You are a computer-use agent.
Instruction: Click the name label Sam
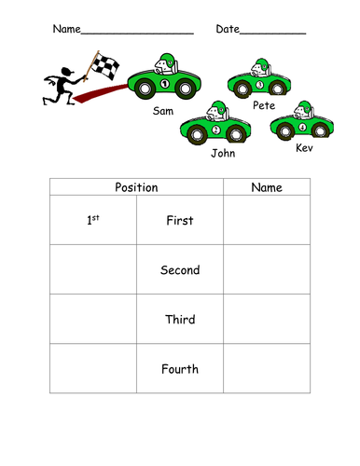tap(164, 110)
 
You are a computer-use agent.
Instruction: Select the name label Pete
tap(263, 105)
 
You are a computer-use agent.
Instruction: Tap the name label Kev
tap(304, 147)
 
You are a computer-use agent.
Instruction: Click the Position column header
tap(136, 187)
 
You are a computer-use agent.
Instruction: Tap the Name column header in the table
tap(267, 187)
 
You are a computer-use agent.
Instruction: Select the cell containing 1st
tap(93, 220)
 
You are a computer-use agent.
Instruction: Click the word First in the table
tap(179, 221)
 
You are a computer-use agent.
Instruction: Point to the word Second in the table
tap(180, 270)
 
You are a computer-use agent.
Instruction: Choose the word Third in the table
tap(180, 320)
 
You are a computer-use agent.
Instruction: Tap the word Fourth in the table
tap(180, 369)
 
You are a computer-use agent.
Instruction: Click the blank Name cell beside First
tap(267, 221)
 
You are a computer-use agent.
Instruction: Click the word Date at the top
tap(228, 29)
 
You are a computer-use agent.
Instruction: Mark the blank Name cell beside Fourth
tap(267, 369)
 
